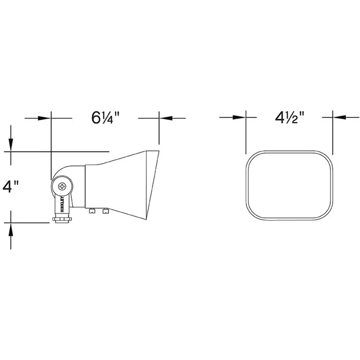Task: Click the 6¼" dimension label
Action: tap(105, 118)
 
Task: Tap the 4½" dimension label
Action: tap(290, 117)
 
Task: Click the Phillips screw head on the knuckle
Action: tap(62, 186)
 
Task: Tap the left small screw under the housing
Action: tap(92, 211)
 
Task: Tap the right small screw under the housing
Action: tap(105, 211)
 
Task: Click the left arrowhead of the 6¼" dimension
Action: tap(44, 118)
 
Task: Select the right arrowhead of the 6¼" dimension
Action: tap(166, 118)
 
